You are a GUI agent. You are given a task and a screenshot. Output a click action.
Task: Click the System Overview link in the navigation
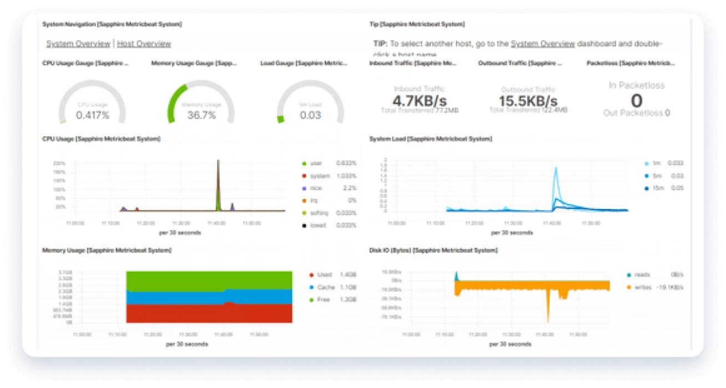78,44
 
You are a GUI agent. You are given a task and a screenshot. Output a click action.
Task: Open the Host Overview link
144,44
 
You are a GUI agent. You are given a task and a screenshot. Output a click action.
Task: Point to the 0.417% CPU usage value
93,115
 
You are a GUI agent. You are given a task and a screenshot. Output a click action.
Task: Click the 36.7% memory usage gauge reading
201,115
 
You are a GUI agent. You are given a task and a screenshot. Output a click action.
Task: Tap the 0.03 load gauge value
310,115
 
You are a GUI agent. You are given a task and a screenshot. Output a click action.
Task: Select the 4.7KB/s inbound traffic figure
420,101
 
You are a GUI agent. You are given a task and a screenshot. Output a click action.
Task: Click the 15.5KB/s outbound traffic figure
528,101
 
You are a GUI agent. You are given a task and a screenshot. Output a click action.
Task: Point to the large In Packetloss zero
637,100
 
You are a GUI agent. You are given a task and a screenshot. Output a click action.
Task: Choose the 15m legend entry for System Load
657,188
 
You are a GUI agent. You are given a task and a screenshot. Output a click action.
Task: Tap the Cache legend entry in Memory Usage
326,287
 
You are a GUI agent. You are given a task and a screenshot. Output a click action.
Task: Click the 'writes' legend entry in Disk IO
643,287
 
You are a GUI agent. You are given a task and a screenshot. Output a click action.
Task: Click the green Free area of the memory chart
209,280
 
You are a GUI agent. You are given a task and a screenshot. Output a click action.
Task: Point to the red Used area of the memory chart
209,313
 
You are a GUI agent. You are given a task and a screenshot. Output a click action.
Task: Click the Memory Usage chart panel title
107,251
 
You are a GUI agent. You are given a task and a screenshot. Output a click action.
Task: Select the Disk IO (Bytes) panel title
433,251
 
